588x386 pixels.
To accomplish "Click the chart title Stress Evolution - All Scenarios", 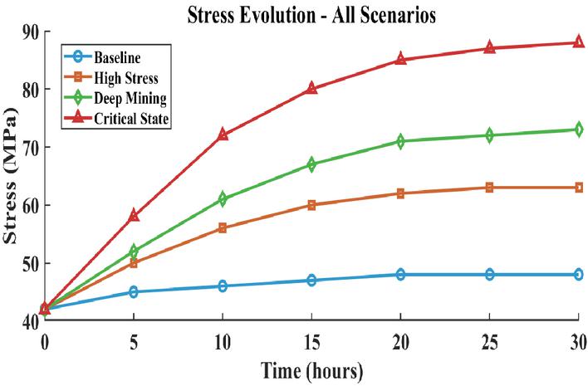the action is click(x=311, y=16).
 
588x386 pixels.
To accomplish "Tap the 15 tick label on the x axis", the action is click(x=311, y=342).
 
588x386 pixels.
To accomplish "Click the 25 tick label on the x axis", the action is click(x=489, y=342).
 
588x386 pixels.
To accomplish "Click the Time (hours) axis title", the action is click(x=312, y=370).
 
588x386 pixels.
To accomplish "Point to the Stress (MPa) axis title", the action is click(x=10, y=175).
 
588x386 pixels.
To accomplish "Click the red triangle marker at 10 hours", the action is click(x=223, y=134).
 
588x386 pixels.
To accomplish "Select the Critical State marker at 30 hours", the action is click(x=579, y=42).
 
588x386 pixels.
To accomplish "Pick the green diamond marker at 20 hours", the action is click(x=400, y=141).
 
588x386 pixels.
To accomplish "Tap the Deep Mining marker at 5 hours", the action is click(x=134, y=251).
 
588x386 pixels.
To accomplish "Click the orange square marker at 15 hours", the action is click(x=311, y=205).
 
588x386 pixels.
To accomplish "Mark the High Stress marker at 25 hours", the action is click(x=489, y=188).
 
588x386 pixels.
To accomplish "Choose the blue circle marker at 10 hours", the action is click(x=223, y=286).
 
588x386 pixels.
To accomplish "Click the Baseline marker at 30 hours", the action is click(x=579, y=274).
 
